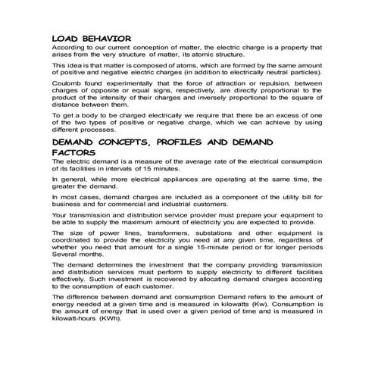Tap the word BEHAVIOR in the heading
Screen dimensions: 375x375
(105, 37)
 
